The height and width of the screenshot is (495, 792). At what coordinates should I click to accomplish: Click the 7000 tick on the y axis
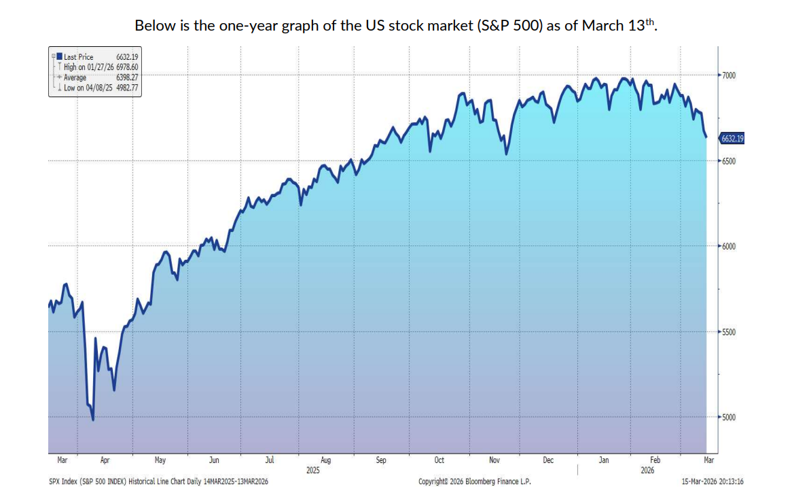(x=730, y=75)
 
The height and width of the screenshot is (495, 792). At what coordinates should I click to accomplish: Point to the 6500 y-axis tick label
(x=730, y=160)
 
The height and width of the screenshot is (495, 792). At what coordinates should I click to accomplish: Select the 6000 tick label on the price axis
(x=730, y=246)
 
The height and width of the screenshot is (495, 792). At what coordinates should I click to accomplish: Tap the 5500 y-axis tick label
(x=730, y=332)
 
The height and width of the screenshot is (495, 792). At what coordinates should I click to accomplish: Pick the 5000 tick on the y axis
(x=730, y=417)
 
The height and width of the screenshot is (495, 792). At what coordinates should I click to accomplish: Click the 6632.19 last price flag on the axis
(x=732, y=139)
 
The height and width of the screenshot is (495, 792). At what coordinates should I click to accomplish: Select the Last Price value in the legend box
(x=127, y=57)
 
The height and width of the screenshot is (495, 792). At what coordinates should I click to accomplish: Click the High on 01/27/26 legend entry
(x=90, y=67)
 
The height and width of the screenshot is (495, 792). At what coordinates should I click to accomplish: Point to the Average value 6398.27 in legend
(x=127, y=78)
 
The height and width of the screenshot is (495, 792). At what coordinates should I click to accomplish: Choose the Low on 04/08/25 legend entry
(x=90, y=88)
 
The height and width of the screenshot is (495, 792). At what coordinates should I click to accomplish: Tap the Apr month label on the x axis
(x=105, y=460)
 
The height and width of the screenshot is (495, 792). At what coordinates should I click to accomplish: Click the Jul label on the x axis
(x=270, y=460)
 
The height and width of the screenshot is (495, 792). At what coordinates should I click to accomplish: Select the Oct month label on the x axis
(x=439, y=460)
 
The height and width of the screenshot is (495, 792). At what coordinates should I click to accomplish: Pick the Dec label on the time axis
(x=548, y=460)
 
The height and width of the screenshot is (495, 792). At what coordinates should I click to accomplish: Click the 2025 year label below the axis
(x=312, y=470)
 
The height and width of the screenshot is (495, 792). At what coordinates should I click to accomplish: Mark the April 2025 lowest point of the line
(x=92, y=420)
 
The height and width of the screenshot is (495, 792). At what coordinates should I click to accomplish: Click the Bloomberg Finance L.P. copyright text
(x=474, y=481)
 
